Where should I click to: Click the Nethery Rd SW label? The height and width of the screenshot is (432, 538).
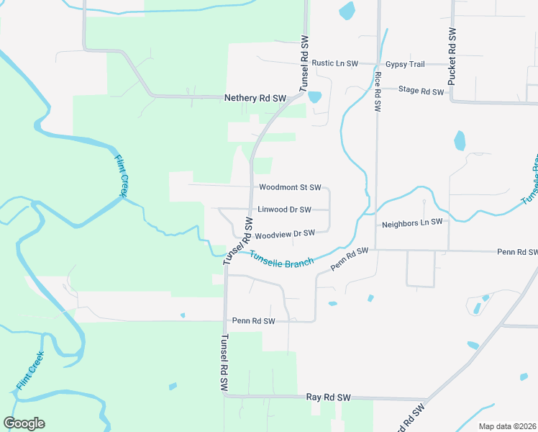point(255,98)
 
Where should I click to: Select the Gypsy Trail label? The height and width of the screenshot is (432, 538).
point(405,64)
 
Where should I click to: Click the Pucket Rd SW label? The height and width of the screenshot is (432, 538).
point(452,58)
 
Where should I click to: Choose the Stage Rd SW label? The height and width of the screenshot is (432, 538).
point(421,91)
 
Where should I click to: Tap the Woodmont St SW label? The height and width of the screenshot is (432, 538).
point(290,187)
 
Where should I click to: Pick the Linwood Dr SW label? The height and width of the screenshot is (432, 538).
point(284,210)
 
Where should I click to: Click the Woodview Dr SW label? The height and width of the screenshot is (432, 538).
point(285,233)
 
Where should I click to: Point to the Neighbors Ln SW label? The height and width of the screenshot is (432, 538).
point(411,224)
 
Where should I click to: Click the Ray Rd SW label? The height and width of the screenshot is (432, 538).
point(328,397)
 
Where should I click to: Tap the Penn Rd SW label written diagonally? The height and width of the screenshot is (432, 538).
point(350,259)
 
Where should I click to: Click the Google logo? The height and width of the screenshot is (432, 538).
point(24,423)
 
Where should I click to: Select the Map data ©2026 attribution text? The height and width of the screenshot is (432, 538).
point(506,426)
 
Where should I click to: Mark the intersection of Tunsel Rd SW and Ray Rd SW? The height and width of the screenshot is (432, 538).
point(226,395)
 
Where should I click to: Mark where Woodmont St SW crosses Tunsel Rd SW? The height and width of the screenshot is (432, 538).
point(250,186)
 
